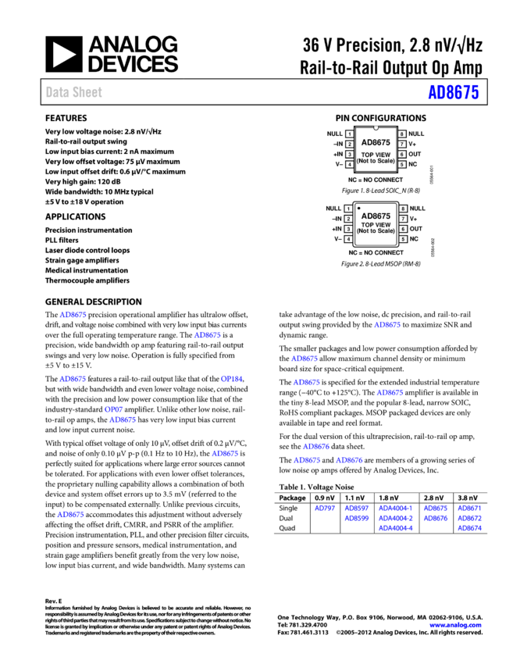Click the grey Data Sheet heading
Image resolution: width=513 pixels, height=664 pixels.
(x=73, y=92)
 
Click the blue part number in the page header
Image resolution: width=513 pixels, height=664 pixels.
(x=453, y=92)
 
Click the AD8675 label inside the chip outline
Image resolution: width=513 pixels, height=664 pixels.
(x=376, y=142)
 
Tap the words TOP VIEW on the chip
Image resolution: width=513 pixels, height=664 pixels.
(x=376, y=155)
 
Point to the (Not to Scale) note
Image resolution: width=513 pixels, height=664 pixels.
(x=376, y=161)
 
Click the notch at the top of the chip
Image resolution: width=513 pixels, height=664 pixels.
(x=376, y=127)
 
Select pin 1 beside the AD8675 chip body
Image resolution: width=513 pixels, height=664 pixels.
(x=349, y=134)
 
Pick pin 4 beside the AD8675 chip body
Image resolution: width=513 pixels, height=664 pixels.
(x=349, y=165)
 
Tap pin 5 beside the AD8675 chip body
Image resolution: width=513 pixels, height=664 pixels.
(x=402, y=165)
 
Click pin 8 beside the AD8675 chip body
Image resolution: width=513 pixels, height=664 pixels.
(x=402, y=134)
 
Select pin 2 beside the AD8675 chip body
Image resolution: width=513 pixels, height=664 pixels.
(x=349, y=145)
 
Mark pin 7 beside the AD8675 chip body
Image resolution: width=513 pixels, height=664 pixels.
(x=402, y=145)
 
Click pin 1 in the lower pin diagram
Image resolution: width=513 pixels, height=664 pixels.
(x=348, y=209)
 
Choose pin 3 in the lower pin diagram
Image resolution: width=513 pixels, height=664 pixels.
(x=348, y=229)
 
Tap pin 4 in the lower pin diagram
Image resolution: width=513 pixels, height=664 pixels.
(x=348, y=239)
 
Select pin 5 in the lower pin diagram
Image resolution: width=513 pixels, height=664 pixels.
(x=403, y=239)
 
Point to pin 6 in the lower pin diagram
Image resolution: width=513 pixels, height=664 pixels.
(x=403, y=229)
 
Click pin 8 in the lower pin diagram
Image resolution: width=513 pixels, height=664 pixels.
(x=403, y=209)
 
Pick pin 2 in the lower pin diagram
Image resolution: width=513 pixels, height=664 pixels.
(x=348, y=219)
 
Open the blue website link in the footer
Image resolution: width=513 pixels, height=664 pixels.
(x=455, y=625)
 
